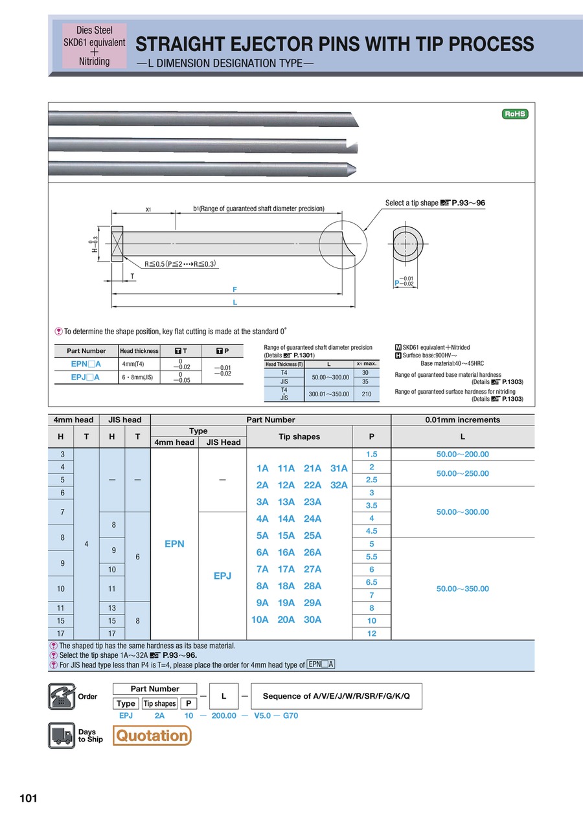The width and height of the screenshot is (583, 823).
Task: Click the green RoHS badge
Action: click(516, 114)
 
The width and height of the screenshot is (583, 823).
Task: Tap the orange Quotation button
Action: click(152, 736)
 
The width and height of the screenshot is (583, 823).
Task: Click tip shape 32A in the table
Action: click(339, 485)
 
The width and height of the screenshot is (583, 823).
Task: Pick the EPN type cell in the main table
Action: click(174, 544)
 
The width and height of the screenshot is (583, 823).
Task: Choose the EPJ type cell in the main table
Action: click(222, 575)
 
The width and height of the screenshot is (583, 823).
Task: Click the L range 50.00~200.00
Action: click(463, 455)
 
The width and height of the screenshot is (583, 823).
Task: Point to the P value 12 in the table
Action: click(372, 633)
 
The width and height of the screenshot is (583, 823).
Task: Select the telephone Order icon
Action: click(62, 697)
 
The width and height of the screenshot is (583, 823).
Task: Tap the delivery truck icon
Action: click(62, 736)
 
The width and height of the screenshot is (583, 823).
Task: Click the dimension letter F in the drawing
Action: click(234, 289)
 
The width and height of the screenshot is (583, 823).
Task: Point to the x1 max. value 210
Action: click(367, 394)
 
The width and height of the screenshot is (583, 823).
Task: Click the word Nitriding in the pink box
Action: click(94, 62)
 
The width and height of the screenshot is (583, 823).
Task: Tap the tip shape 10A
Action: click(260, 620)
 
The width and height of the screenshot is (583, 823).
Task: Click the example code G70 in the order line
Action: click(290, 716)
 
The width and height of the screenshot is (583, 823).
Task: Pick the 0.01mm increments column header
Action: click(463, 420)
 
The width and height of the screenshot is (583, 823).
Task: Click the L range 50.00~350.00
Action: click(463, 589)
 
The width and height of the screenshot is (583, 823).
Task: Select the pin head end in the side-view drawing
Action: click(117, 244)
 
